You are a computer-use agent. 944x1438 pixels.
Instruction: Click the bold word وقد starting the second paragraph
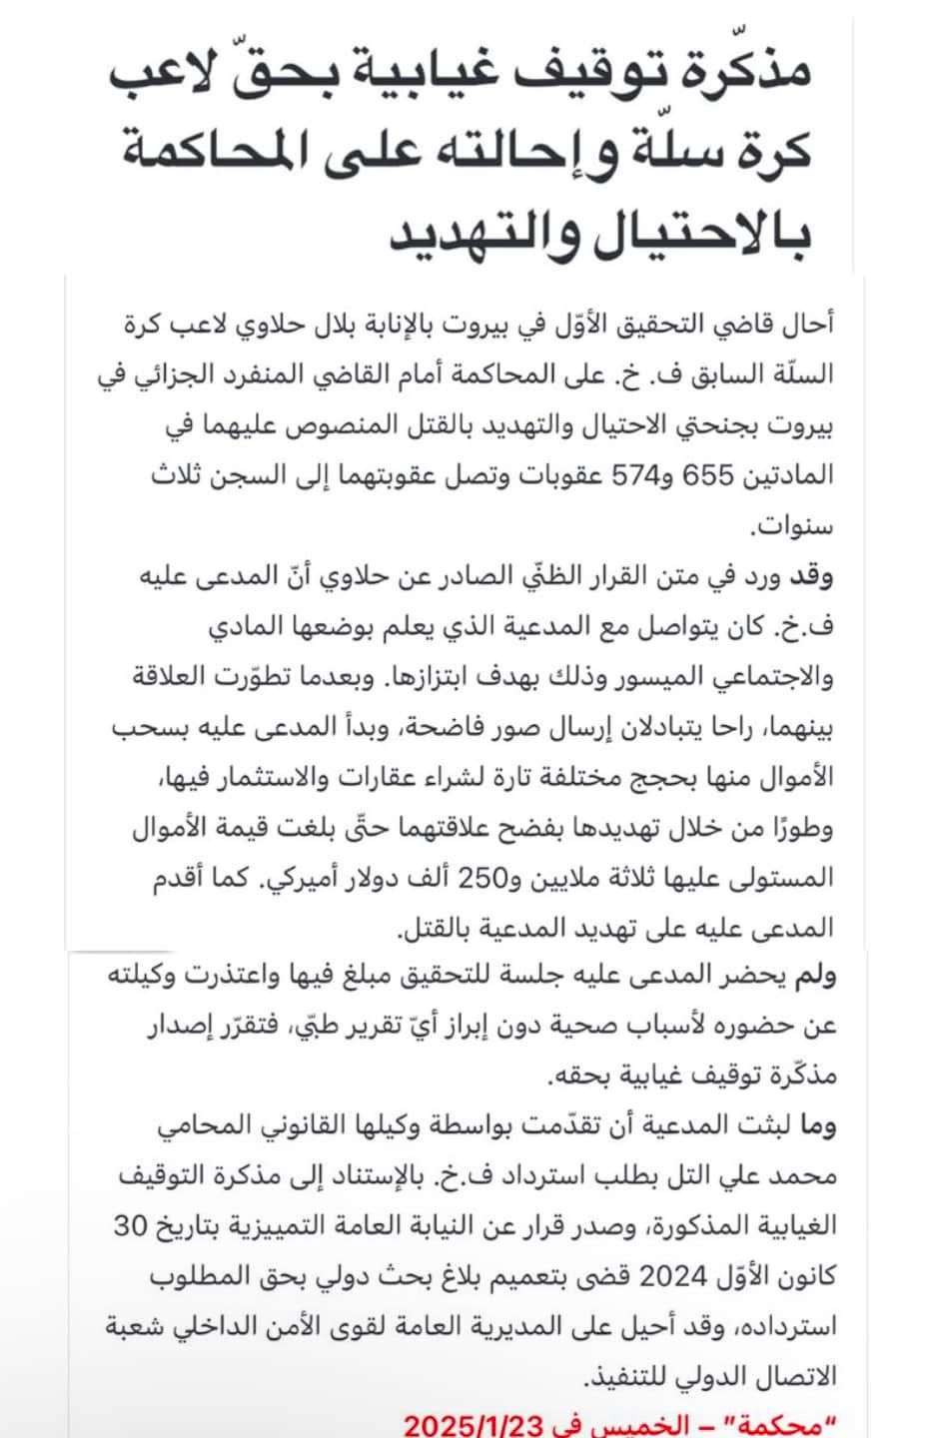(x=811, y=576)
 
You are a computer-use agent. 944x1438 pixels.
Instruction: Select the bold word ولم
(x=811, y=976)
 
